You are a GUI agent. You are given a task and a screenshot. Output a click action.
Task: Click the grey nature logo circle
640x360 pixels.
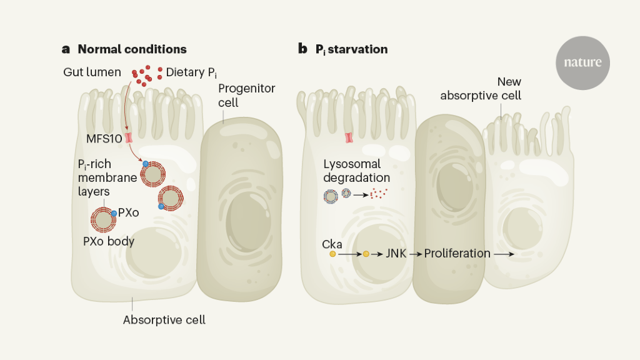[582, 62]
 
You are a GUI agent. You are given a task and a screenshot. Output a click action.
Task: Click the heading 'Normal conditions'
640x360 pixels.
[132, 49]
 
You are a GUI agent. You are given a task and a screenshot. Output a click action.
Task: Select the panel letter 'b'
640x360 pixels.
[302, 49]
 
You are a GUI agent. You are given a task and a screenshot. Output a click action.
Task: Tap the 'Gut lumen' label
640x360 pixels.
[92, 72]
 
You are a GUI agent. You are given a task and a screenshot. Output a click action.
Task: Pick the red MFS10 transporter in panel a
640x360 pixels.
[129, 138]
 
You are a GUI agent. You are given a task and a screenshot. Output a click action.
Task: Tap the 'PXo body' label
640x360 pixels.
[109, 241]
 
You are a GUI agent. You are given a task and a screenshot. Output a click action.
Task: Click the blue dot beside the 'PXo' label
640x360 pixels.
[114, 214]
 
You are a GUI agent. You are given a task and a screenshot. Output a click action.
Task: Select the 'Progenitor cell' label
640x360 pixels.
[246, 95]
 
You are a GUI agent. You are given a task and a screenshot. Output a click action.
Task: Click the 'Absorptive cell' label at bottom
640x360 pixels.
[164, 320]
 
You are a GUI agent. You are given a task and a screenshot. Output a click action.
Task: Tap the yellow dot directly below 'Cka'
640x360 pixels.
[333, 254]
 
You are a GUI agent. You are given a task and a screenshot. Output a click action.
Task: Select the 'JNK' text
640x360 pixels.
[396, 254]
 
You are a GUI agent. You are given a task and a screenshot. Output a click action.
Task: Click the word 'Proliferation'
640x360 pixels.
[457, 254]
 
